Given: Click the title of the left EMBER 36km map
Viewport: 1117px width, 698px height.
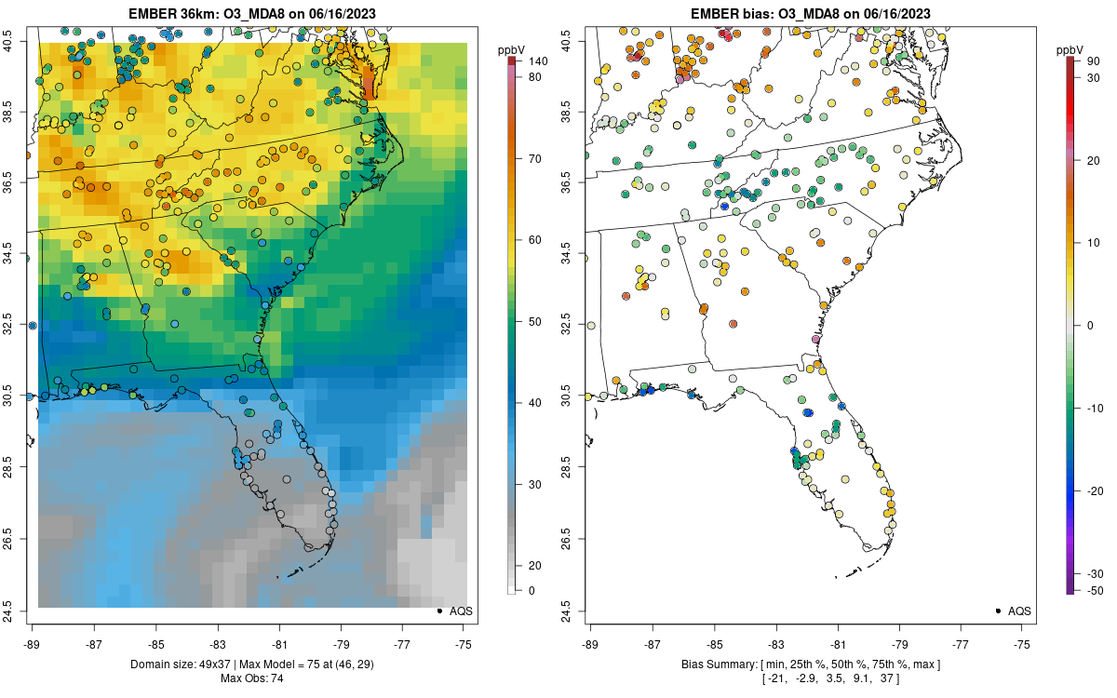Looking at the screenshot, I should tap(251, 13).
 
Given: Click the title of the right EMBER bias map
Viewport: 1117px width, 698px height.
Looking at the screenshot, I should tap(810, 13).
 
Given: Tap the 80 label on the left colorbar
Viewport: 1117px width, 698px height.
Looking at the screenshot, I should tap(535, 77).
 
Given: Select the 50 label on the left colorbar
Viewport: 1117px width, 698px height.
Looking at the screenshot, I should tap(535, 322).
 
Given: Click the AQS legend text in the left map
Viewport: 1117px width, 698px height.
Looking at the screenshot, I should tap(462, 611).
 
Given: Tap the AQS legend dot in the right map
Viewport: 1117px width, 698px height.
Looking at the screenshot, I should tap(998, 611).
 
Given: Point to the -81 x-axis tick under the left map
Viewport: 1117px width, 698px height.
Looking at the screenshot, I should tap(279, 643).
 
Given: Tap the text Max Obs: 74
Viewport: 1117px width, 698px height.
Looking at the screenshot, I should tap(251, 678).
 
